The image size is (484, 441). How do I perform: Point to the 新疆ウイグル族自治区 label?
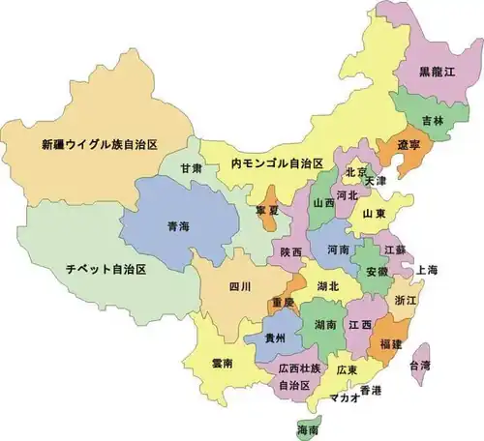click(x=100, y=145)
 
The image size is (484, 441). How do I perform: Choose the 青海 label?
click(x=178, y=226)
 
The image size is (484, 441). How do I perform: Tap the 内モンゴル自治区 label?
click(x=275, y=164)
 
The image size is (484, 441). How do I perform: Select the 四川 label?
click(x=240, y=287)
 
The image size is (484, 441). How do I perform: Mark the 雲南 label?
click(x=222, y=363)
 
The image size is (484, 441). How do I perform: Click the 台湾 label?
click(x=420, y=365)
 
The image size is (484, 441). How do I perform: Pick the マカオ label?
click(x=346, y=397)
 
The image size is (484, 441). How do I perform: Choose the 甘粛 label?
click(x=191, y=167)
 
